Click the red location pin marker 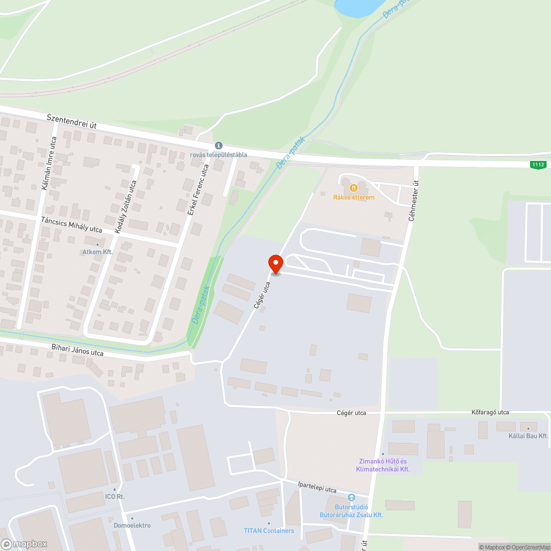click(275, 264)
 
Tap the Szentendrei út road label click(72, 122)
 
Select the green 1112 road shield click(538, 165)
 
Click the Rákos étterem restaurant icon click(353, 188)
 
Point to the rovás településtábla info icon click(218, 145)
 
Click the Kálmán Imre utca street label click(49, 163)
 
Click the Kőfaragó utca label click(490, 412)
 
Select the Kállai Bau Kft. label click(528, 436)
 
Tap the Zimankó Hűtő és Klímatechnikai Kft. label click(383, 465)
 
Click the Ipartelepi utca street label click(316, 488)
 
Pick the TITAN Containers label click(269, 531)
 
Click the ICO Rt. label click(115, 496)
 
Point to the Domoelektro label click(132, 525)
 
